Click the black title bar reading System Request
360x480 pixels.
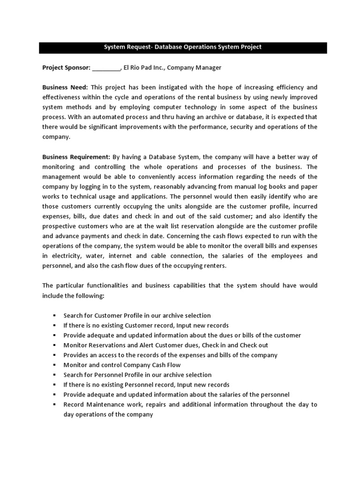pos(182,47)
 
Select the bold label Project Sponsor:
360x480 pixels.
pos(66,67)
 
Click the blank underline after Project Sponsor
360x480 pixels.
pos(106,68)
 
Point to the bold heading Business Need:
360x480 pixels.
pos(65,88)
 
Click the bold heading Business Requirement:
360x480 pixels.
pos(76,157)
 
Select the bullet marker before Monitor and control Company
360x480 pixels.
pos(55,365)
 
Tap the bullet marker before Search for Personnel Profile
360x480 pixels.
pos(55,375)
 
